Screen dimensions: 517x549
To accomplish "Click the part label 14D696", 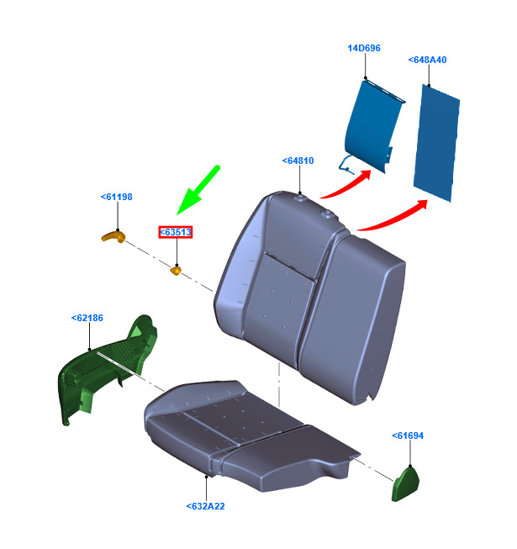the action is click(x=364, y=48).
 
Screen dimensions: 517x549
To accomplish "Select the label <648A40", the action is click(x=427, y=60).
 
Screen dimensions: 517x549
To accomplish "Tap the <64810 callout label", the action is click(x=298, y=161).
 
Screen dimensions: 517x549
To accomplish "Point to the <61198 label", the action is click(x=117, y=197).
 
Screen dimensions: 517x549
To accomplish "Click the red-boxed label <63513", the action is click(x=176, y=232).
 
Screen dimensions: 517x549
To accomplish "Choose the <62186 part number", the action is click(x=87, y=318).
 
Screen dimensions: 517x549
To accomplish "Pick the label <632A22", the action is click(x=205, y=506).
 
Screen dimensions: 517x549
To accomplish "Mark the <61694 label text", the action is click(x=408, y=436).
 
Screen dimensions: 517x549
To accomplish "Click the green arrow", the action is click(x=198, y=191).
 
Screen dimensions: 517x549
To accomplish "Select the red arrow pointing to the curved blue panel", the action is click(x=346, y=185).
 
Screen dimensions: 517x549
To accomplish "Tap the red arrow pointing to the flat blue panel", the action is click(x=393, y=216).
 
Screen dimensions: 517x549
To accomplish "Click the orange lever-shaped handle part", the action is click(x=113, y=237).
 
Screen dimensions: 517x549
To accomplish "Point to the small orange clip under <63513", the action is click(x=176, y=271).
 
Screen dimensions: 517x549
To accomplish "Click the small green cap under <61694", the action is click(x=405, y=484).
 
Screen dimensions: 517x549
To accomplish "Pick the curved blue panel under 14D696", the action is click(x=372, y=126).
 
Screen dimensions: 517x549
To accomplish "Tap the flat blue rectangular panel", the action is click(x=436, y=143).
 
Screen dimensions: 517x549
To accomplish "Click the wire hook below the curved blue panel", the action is click(x=346, y=165).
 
